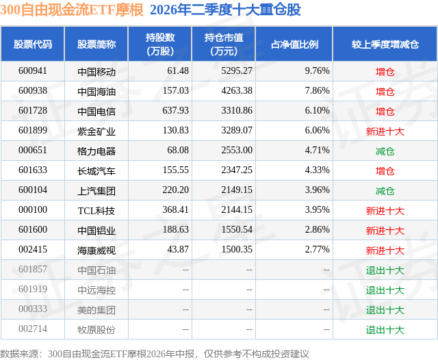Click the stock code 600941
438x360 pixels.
pos(33,71)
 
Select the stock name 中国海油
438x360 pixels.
pos(96,92)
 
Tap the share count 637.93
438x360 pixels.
pos(175,111)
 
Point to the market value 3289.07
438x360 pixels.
pos(237,131)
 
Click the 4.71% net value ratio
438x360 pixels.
pos(317,151)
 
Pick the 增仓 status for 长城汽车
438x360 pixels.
pos(385,171)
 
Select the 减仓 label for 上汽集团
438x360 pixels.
pos(385,191)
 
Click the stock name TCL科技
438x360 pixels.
pos(96,211)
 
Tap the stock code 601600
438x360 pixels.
pos(33,229)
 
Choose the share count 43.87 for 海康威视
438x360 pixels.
pos(178,249)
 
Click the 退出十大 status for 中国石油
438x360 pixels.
pos(385,270)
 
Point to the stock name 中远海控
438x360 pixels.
pos(96,290)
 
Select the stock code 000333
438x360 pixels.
pos(33,309)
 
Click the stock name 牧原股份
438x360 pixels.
pos(96,330)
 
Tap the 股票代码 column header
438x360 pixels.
pos(33,44)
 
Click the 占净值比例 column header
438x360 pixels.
pos(294,44)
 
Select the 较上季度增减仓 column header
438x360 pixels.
pos(385,44)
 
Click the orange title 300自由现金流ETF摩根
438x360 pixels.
pos(72,10)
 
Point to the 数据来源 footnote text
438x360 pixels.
pos(155,354)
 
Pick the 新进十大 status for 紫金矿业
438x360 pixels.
pos(385,131)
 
